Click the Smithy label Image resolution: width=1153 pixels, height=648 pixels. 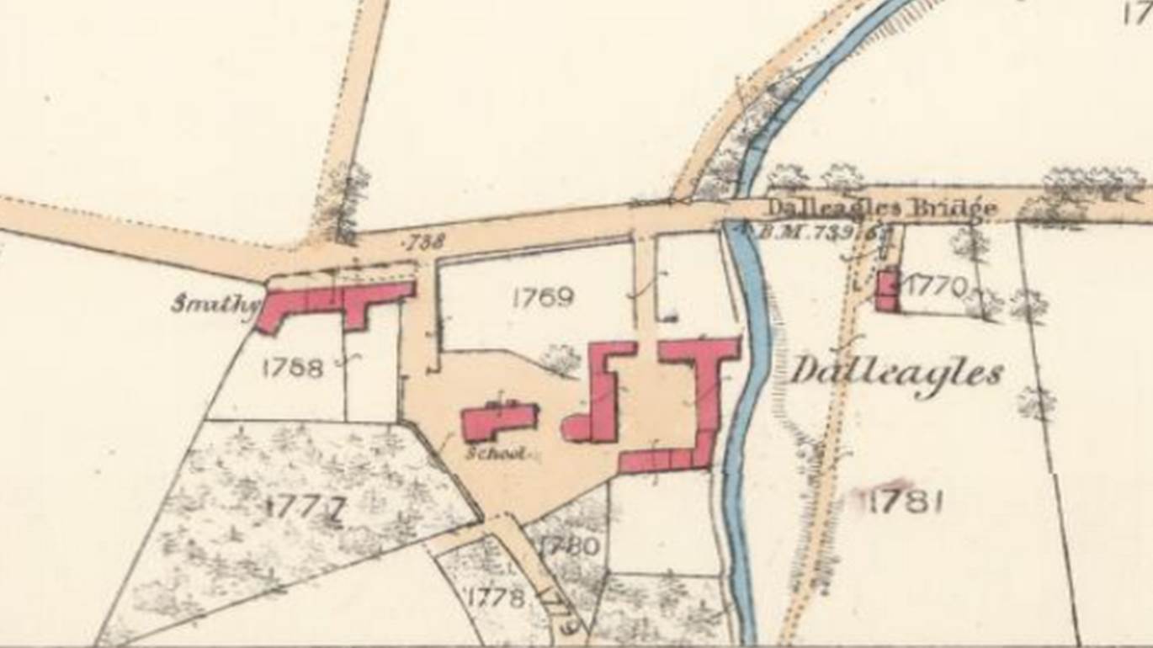point(213,303)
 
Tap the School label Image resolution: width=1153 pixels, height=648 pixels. point(497,454)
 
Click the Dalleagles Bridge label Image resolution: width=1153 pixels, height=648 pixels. point(881,207)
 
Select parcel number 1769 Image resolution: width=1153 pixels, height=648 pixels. point(543,296)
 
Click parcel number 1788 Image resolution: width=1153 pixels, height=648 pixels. point(293,368)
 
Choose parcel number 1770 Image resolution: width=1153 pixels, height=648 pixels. point(937,287)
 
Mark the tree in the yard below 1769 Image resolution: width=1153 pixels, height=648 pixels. point(561,359)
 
